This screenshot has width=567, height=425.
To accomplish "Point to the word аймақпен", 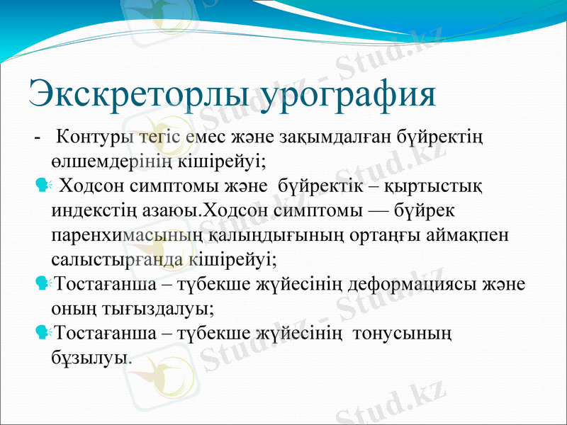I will (476, 235).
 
